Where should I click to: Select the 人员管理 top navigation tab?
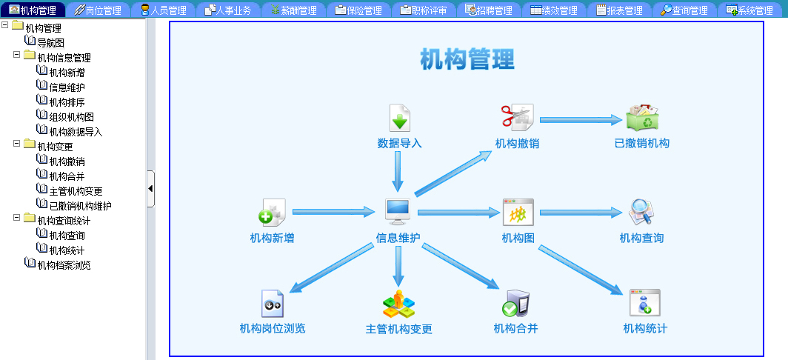pyautogui.click(x=163, y=10)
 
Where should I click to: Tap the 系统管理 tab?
pyautogui.click(x=749, y=10)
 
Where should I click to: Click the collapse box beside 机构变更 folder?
pyautogui.click(x=16, y=143)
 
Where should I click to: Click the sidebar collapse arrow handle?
pyautogui.click(x=150, y=189)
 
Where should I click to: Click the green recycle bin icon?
pyautogui.click(x=642, y=116)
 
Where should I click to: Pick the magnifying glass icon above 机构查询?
pyautogui.click(x=642, y=212)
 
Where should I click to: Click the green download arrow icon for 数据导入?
pyautogui.click(x=400, y=119)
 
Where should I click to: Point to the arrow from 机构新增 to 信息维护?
pyautogui.click(x=334, y=212)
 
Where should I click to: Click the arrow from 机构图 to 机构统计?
pyautogui.click(x=581, y=270)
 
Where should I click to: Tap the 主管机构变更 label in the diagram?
pyautogui.click(x=398, y=330)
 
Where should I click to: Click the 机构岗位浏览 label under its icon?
pyautogui.click(x=273, y=329)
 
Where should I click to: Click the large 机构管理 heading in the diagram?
pyautogui.click(x=467, y=59)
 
